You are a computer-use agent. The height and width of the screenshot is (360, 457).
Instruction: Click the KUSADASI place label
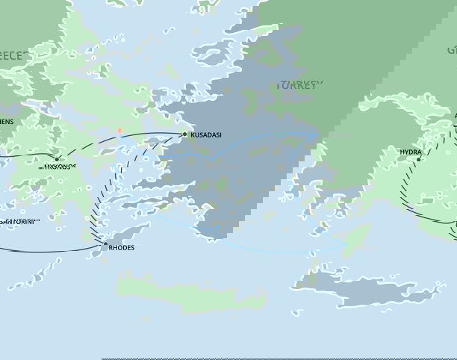pyautogui.click(x=205, y=135)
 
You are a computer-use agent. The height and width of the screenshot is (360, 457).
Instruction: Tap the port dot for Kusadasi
pyautogui.click(x=184, y=134)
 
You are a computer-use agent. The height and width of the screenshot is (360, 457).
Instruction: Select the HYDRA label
pyautogui.click(x=411, y=151)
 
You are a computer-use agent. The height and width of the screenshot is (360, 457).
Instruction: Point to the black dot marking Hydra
pyautogui.click(x=420, y=159)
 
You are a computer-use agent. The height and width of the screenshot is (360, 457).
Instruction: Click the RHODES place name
pyautogui.click(x=122, y=247)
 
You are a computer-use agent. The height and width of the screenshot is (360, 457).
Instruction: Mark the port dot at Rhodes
pyautogui.click(x=105, y=243)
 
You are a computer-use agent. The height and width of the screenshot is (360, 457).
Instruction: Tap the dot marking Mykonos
pyautogui.click(x=57, y=158)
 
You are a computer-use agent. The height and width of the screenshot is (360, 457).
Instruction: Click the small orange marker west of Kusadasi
pyautogui.click(x=119, y=131)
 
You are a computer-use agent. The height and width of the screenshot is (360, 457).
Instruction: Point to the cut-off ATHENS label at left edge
pyautogui.click(x=6, y=121)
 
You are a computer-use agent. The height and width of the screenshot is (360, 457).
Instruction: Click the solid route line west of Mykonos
pyautogui.click(x=26, y=155)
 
